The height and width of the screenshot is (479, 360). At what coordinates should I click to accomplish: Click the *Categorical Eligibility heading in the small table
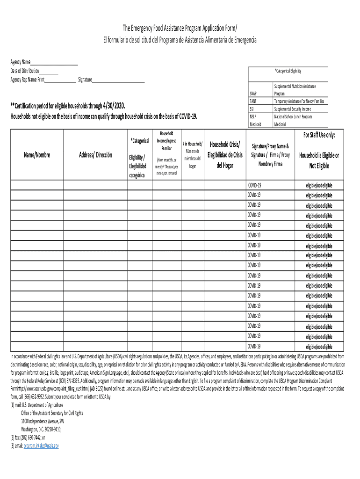pyautogui.click(x=288, y=71)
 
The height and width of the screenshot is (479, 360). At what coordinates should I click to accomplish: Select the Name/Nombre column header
pyautogui.click(x=36, y=155)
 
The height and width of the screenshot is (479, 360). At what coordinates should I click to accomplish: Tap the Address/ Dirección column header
pyautogui.click(x=95, y=155)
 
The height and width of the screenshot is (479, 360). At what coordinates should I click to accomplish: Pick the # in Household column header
pyautogui.click(x=193, y=145)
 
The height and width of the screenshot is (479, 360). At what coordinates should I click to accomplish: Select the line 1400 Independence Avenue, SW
pyautogui.click(x=43, y=421)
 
